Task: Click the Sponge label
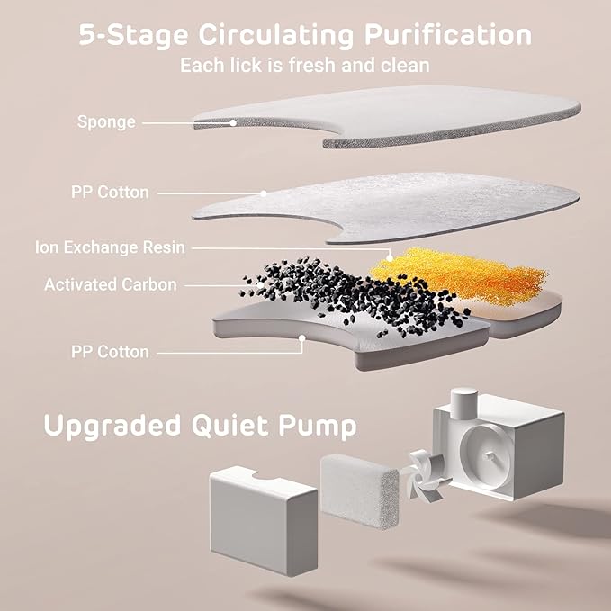[106, 122]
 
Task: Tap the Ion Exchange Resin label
[110, 247]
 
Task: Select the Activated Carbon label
[111, 284]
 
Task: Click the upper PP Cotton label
[110, 192]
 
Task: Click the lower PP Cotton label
[110, 352]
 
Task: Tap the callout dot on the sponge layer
[233, 122]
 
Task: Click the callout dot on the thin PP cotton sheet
[264, 193]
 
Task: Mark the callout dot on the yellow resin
[390, 258]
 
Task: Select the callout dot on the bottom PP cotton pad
[302, 338]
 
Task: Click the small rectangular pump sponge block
[359, 491]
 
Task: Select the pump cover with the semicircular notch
[264, 520]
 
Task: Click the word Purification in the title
[448, 36]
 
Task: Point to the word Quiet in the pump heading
[229, 426]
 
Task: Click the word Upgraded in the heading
[112, 427]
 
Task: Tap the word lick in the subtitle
[246, 65]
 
